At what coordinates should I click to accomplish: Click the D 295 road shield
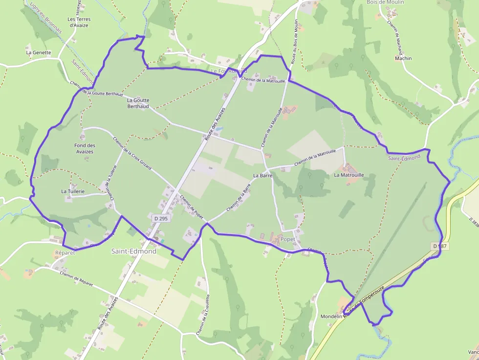(160, 219)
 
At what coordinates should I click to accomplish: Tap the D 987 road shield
(440, 246)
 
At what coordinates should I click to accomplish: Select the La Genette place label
(38, 52)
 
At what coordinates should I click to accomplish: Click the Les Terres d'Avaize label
(79, 22)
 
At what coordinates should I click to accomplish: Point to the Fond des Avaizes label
(84, 148)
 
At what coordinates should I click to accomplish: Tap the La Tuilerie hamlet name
(73, 191)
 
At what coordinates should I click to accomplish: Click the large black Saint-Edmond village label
(134, 251)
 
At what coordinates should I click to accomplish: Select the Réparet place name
(65, 253)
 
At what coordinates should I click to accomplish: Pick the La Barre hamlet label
(262, 175)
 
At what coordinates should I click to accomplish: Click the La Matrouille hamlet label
(349, 174)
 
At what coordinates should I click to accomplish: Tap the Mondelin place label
(331, 317)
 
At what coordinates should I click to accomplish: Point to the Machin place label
(403, 58)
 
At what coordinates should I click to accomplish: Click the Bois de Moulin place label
(385, 2)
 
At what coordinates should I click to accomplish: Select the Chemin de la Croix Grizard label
(132, 153)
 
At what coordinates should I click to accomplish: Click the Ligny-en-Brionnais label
(46, 17)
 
